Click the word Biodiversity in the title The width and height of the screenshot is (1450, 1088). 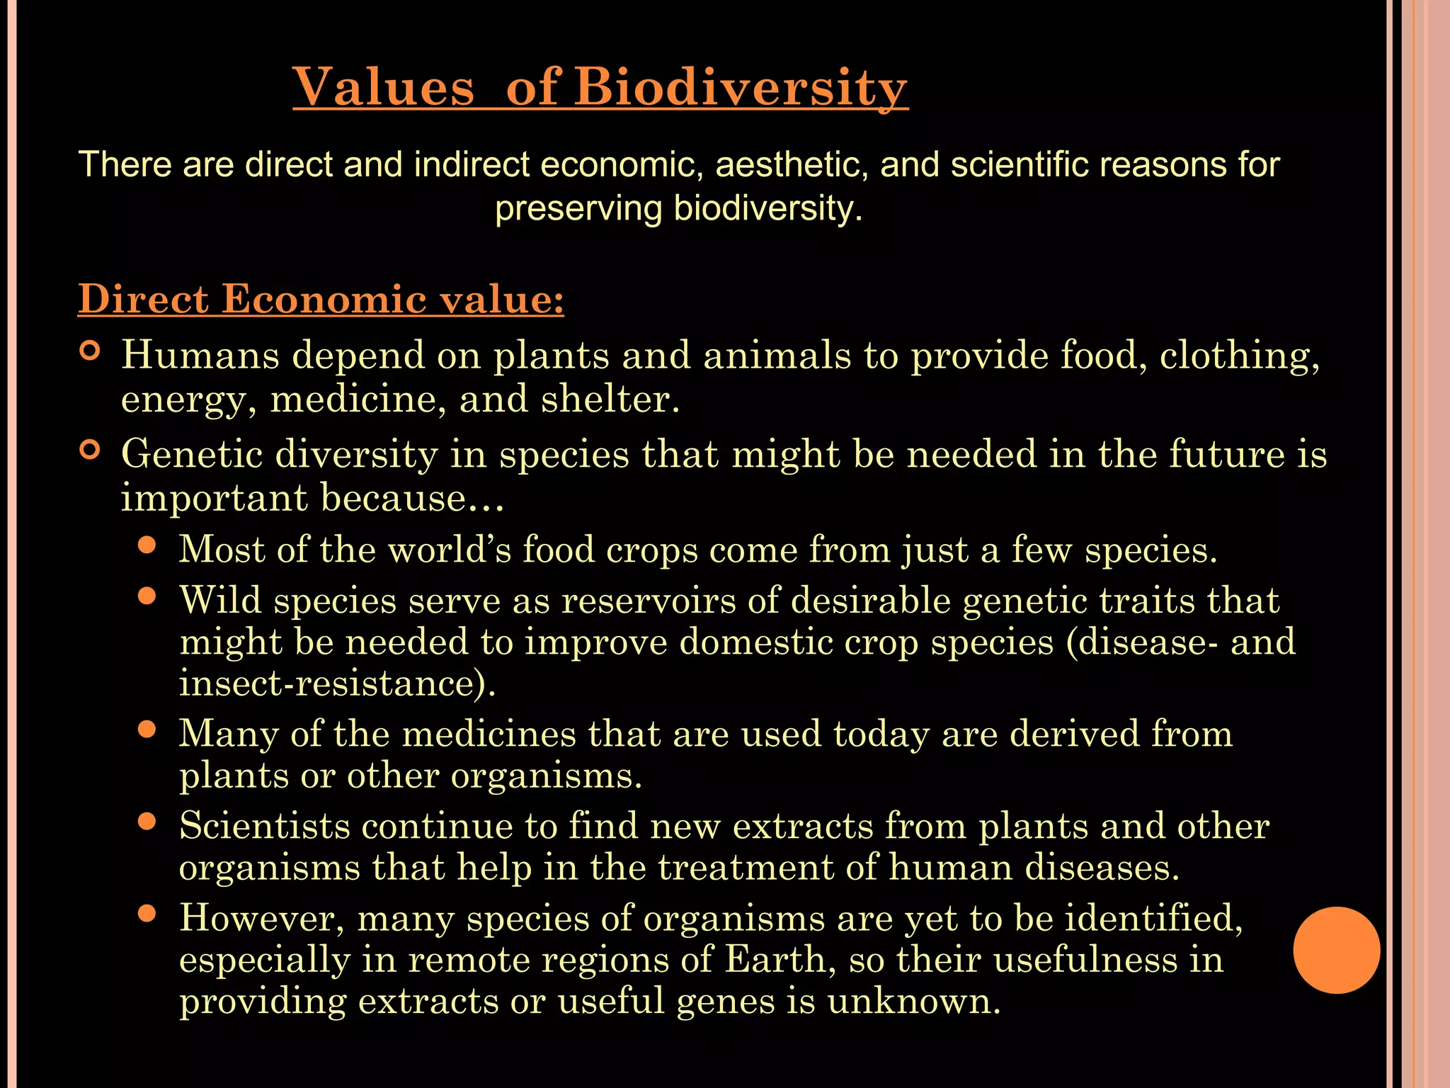click(740, 88)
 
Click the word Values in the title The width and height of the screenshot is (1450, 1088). click(383, 88)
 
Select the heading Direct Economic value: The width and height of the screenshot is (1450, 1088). click(321, 299)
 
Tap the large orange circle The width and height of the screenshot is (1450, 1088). click(1336, 950)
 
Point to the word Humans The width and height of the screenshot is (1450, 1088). click(200, 355)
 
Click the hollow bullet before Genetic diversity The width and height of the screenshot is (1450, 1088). click(90, 450)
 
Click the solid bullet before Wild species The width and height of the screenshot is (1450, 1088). click(147, 596)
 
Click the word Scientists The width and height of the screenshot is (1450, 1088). click(265, 826)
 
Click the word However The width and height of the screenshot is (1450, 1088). click(261, 918)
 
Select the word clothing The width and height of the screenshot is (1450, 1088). click(1238, 355)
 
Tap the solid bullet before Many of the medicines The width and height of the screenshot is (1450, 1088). click(147, 730)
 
